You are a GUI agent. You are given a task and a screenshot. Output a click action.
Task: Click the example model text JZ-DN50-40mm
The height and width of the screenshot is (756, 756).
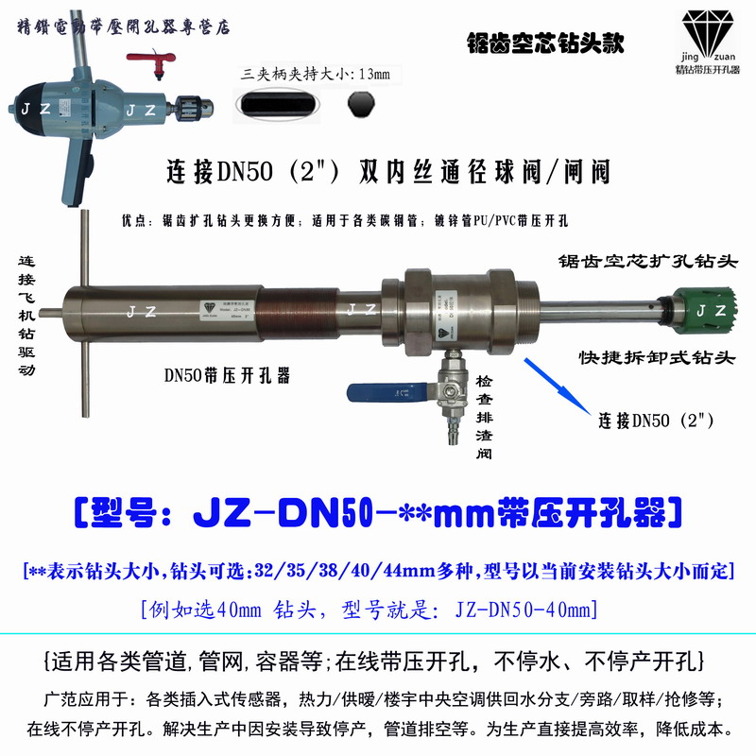531,610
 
